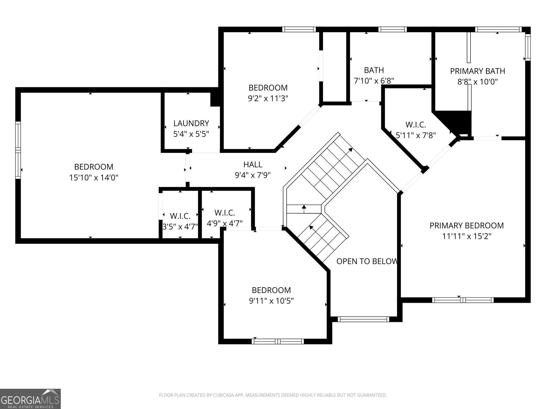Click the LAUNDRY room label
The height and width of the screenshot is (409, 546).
click(x=191, y=123)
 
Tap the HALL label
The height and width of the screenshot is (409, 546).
click(x=253, y=164)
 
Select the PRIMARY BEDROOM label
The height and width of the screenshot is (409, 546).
click(x=467, y=226)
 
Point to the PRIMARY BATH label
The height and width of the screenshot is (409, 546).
click(x=477, y=71)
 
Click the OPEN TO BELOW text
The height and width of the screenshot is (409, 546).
click(x=367, y=261)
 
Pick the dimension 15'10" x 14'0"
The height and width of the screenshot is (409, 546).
click(x=94, y=178)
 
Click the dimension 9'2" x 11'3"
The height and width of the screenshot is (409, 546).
click(x=268, y=99)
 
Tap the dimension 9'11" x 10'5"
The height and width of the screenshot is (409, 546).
click(x=271, y=301)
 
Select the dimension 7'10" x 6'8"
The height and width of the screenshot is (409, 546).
click(x=374, y=81)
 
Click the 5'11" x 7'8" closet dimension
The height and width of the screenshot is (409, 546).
click(x=416, y=135)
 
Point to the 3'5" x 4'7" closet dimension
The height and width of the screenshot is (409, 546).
click(x=180, y=227)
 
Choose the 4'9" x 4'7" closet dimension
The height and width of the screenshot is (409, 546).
click(x=225, y=223)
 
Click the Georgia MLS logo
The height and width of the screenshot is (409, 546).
click(x=30, y=399)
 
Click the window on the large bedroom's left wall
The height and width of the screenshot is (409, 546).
click(x=18, y=150)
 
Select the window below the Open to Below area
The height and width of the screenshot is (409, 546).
click(x=363, y=319)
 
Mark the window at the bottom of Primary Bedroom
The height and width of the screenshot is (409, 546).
click(x=463, y=300)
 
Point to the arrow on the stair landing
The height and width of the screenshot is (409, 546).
click(x=304, y=209)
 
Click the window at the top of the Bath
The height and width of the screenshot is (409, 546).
click(x=392, y=29)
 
